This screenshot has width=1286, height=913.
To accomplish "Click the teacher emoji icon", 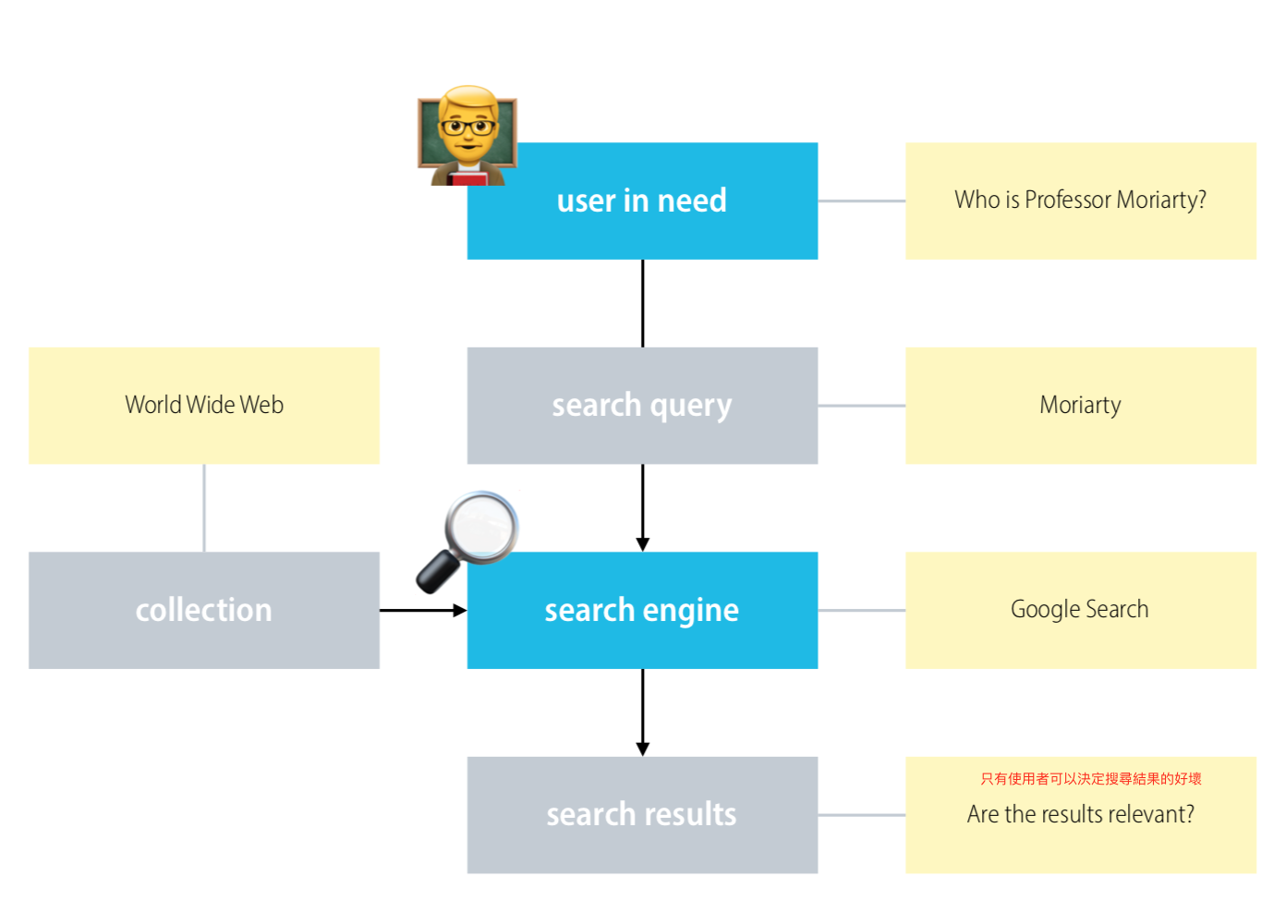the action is (467, 136).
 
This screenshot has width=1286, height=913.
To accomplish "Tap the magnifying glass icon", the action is (467, 542).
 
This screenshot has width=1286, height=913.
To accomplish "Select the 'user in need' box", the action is (642, 201).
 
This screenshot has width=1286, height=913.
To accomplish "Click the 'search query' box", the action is (642, 406).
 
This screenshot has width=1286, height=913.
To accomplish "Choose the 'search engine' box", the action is (642, 611).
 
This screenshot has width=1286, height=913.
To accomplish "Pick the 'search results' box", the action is (642, 815).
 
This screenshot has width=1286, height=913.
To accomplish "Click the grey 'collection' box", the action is (204, 611).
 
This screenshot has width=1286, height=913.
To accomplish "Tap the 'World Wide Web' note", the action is (204, 406).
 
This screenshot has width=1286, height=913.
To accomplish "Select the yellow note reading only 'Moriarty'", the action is (1081, 406).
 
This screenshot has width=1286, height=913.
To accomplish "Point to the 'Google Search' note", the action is (1081, 611).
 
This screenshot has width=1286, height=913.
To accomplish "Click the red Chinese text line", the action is (1091, 779).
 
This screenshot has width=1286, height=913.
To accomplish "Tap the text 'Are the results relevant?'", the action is (1081, 814).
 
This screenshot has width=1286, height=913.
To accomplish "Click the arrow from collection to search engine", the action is (423, 611).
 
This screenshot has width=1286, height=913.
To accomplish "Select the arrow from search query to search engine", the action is (643, 508).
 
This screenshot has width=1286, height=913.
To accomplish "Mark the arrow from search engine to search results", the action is (643, 712).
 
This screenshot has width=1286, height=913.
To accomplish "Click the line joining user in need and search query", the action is (643, 303).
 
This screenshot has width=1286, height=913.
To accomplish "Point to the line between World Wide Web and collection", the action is (204, 508).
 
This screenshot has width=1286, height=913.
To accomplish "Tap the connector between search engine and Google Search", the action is (862, 611).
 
